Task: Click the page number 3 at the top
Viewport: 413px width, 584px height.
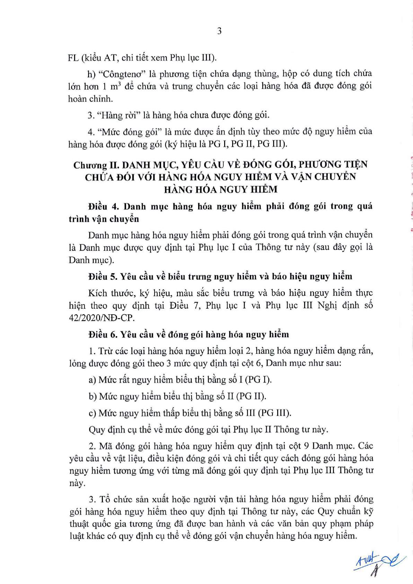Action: pyautogui.click(x=219, y=31)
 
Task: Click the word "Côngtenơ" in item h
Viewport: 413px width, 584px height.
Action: pyautogui.click(x=120, y=74)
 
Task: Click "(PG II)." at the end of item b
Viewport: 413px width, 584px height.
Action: pyautogui.click(x=253, y=396)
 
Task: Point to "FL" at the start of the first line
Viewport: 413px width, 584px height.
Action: pyautogui.click(x=73, y=58)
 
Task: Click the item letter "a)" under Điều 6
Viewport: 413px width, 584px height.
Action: pyautogui.click(x=93, y=380)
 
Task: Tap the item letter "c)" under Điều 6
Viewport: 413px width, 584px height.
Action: pyautogui.click(x=93, y=413)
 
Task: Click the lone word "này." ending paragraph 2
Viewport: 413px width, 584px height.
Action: pyautogui.click(x=77, y=483)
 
